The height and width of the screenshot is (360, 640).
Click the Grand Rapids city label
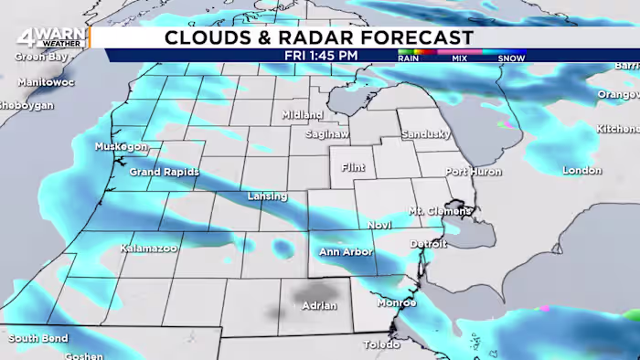164,171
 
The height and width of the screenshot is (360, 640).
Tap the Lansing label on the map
267,196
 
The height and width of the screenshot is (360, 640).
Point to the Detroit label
428,244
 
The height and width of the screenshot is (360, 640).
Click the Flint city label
352,168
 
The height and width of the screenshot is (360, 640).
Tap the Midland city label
302,115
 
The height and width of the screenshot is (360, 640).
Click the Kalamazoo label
148,248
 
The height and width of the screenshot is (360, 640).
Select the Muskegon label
121,146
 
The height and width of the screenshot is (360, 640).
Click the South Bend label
38,339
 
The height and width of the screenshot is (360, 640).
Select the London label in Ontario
581,170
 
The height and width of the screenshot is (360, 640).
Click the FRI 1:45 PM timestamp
321,55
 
